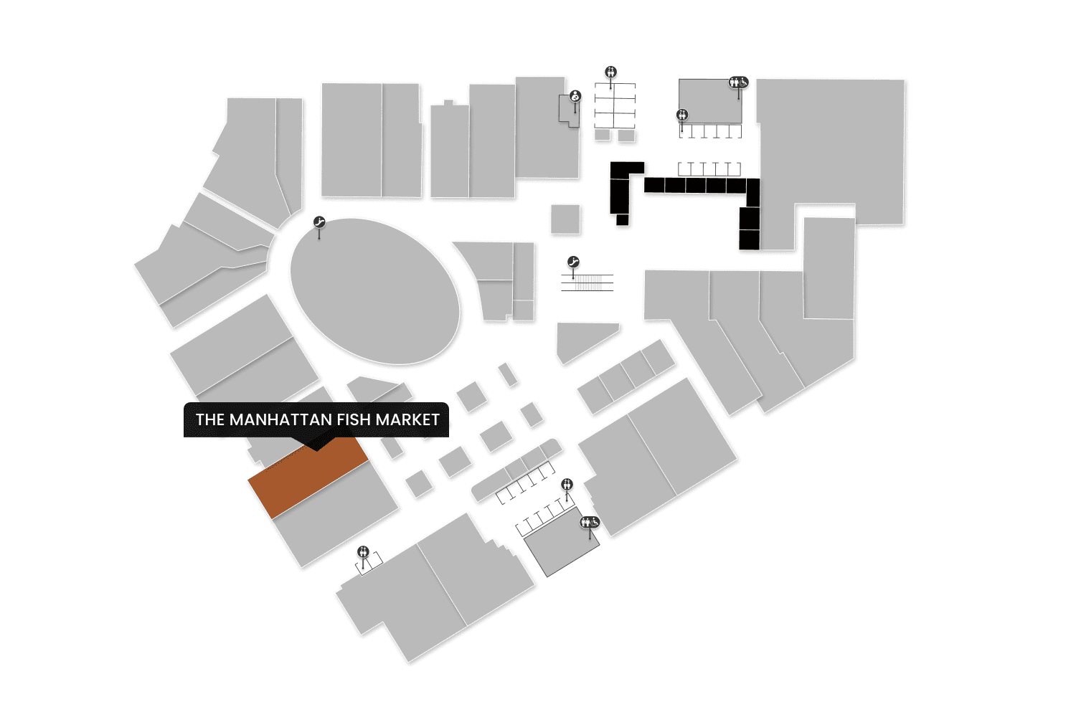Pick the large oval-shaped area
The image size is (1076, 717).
[x=374, y=291]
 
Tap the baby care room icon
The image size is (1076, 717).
[x=575, y=96]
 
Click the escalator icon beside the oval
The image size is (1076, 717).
[x=320, y=223]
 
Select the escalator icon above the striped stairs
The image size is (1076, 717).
[x=572, y=262]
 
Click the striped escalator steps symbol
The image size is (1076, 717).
[x=587, y=282]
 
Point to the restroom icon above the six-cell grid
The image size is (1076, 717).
[x=610, y=72]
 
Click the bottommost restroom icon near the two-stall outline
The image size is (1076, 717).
[x=363, y=551]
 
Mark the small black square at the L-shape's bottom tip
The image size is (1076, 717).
[x=622, y=219]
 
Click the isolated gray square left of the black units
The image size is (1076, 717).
[x=565, y=219]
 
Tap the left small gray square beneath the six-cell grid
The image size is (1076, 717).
[x=603, y=135]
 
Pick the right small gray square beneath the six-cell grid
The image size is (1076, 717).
[x=626, y=135]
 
